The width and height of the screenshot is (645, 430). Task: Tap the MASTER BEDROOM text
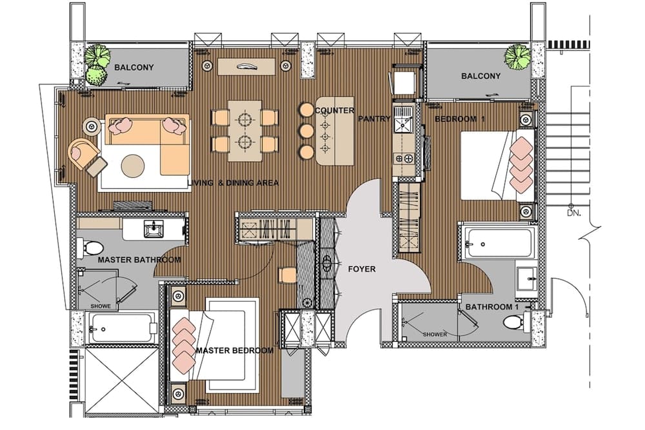pyautogui.click(x=234, y=351)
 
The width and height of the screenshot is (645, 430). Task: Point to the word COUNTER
pyautogui.click(x=334, y=111)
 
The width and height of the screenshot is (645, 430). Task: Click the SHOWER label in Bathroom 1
pyautogui.click(x=435, y=335)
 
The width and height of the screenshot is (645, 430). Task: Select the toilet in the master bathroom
pyautogui.click(x=89, y=247)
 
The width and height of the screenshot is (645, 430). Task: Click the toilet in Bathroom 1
pyautogui.click(x=529, y=320)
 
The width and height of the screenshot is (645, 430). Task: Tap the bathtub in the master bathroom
pyautogui.click(x=120, y=327)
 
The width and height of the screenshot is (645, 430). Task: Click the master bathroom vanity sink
pyautogui.click(x=153, y=230)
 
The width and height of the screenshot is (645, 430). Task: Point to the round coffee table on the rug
pyautogui.click(x=134, y=165)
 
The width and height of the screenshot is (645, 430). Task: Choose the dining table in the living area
pyautogui.click(x=244, y=130)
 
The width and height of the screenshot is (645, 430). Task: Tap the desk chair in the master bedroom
pyautogui.click(x=288, y=275)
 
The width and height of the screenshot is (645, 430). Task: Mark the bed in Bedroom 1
pyautogui.click(x=497, y=164)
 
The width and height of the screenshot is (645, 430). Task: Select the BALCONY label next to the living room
pyautogui.click(x=134, y=67)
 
